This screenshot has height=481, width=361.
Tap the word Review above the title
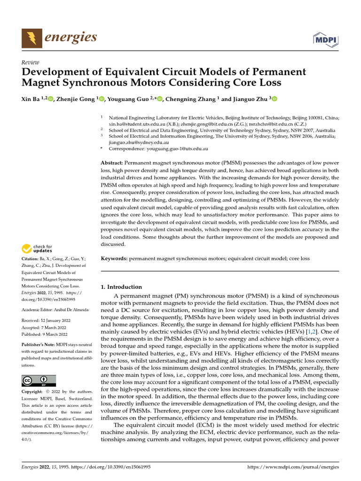pyautogui.click(x=31, y=62)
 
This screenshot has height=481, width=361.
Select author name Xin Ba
pyautogui.click(x=31, y=99)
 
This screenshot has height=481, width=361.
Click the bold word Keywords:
pyautogui.click(x=114, y=258)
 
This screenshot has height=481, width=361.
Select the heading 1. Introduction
pyautogui.click(x=122, y=287)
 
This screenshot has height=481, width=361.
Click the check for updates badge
pyautogui.click(x=37, y=248)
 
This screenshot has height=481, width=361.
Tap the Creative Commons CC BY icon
pyautogui.click(x=39, y=380)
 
